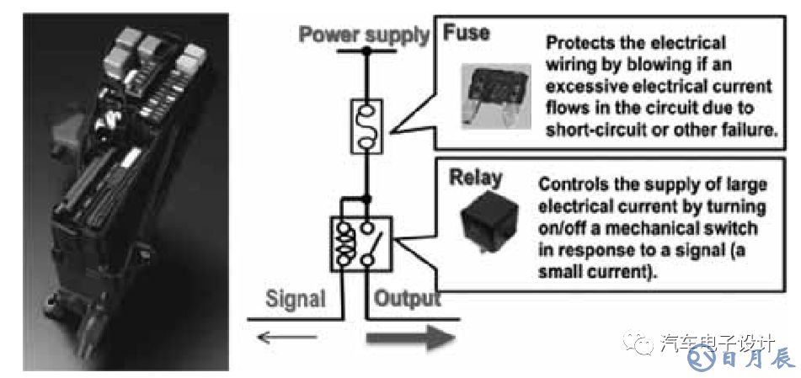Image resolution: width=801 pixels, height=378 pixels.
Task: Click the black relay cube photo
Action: pyautogui.click(x=490, y=223)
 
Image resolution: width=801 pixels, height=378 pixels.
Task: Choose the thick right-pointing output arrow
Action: pyautogui.click(x=412, y=339)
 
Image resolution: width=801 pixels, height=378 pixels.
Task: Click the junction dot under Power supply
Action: pyautogui.click(x=366, y=52)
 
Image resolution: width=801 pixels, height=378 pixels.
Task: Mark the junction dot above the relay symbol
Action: pyautogui.click(x=366, y=200)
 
